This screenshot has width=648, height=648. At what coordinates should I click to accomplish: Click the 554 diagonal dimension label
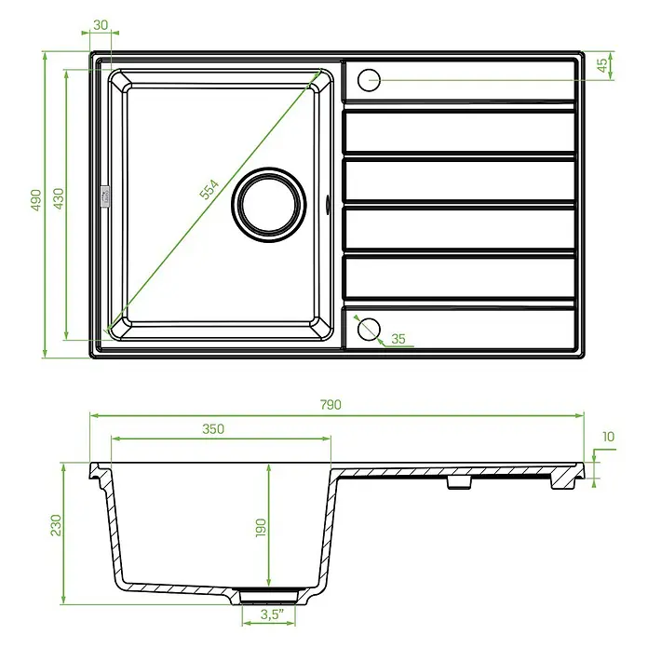pyautogui.click(x=209, y=189)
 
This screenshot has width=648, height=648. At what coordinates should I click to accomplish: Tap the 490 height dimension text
pyautogui.click(x=36, y=200)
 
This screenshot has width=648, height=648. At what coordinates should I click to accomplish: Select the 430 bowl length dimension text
pyautogui.click(x=59, y=199)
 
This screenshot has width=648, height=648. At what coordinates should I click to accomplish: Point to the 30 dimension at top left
pyautogui.click(x=101, y=25)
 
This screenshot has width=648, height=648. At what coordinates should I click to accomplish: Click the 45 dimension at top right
pyautogui.click(x=602, y=65)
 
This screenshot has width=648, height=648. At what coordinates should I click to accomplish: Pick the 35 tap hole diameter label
pyautogui.click(x=398, y=339)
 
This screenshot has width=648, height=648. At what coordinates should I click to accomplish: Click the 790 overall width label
pyautogui.click(x=331, y=405)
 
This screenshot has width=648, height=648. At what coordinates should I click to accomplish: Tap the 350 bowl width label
pyautogui.click(x=213, y=429)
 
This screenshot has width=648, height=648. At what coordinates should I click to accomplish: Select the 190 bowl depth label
pyautogui.click(x=261, y=528)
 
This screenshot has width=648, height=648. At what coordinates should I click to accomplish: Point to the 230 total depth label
pyautogui.click(x=55, y=525)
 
